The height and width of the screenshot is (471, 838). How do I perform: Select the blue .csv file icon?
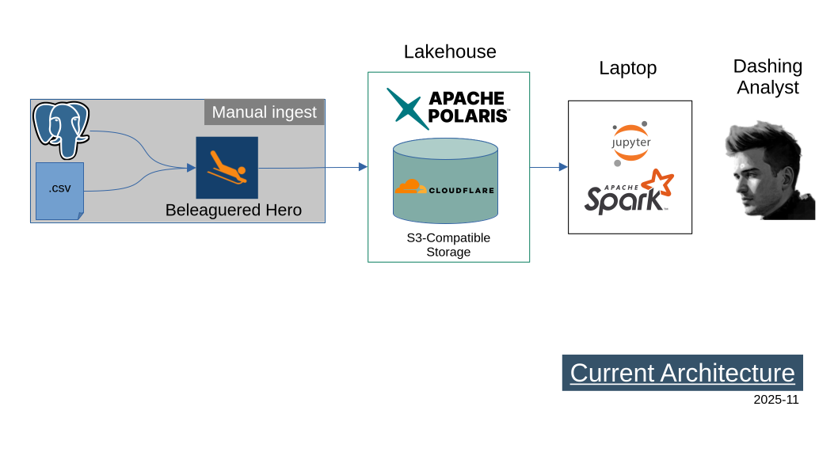[x=59, y=191]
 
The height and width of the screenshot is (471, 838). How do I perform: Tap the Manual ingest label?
[x=264, y=112]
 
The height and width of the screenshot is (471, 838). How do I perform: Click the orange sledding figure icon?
[x=227, y=167]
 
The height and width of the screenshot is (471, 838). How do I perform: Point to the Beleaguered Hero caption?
[x=233, y=211]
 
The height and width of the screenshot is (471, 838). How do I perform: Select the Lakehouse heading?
[x=449, y=52]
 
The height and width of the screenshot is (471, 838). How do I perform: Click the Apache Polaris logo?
[x=448, y=108]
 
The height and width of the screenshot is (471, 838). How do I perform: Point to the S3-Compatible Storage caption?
[x=448, y=245]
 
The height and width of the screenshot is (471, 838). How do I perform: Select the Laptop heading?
[x=627, y=69]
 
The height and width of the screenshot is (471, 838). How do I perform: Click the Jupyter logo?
[x=630, y=142]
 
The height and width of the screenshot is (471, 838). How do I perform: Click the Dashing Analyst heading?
[x=767, y=77]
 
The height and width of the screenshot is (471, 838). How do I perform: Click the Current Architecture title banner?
[x=682, y=373]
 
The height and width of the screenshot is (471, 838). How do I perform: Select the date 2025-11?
[x=775, y=400]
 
